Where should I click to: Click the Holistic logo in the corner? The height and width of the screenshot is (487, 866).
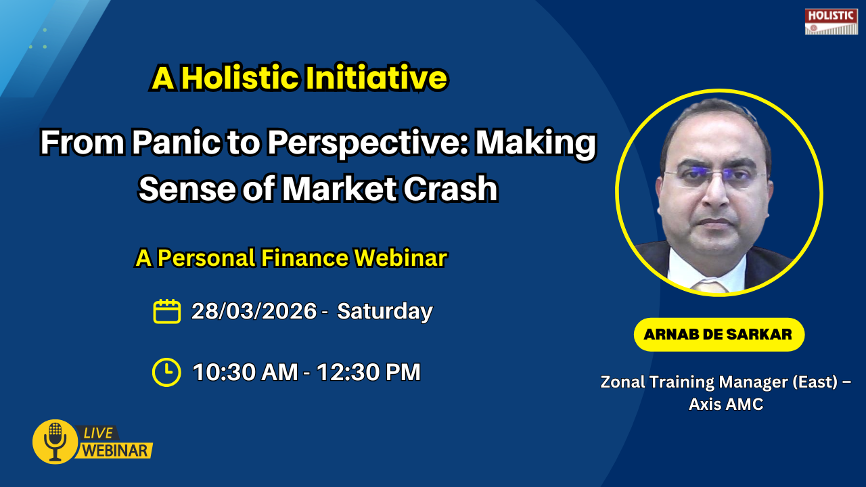pos(831,22)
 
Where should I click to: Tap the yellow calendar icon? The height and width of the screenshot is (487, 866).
pos(166,311)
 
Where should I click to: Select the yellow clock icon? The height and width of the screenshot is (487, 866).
pos(166,372)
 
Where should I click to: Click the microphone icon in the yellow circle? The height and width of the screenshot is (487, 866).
pos(55,442)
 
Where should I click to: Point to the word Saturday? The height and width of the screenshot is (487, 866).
pos(385,311)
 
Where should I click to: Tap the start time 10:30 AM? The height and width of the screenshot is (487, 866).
pos(245,372)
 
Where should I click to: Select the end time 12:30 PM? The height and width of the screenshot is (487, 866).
pos(369,372)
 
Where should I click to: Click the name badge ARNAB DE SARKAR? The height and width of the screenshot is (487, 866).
pos(719,334)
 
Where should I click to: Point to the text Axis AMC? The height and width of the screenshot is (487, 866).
pos(726,404)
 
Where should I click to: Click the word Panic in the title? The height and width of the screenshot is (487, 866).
pos(176,142)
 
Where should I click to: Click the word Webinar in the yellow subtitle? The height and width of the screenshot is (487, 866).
pos(401,258)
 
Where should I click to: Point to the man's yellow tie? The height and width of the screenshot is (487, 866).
pos(710,287)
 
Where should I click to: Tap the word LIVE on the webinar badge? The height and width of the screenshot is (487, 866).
pos(98,434)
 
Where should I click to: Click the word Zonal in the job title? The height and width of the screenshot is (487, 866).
pos(623,382)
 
